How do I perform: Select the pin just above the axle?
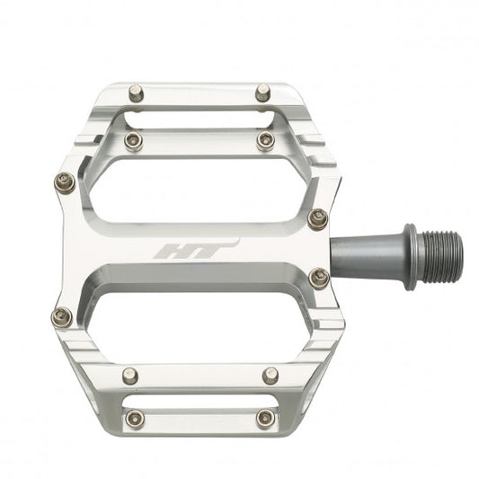point(316,217)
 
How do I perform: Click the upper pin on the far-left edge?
point(63,182)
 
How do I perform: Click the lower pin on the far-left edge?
point(63,315)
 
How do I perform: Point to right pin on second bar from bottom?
point(268,372)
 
